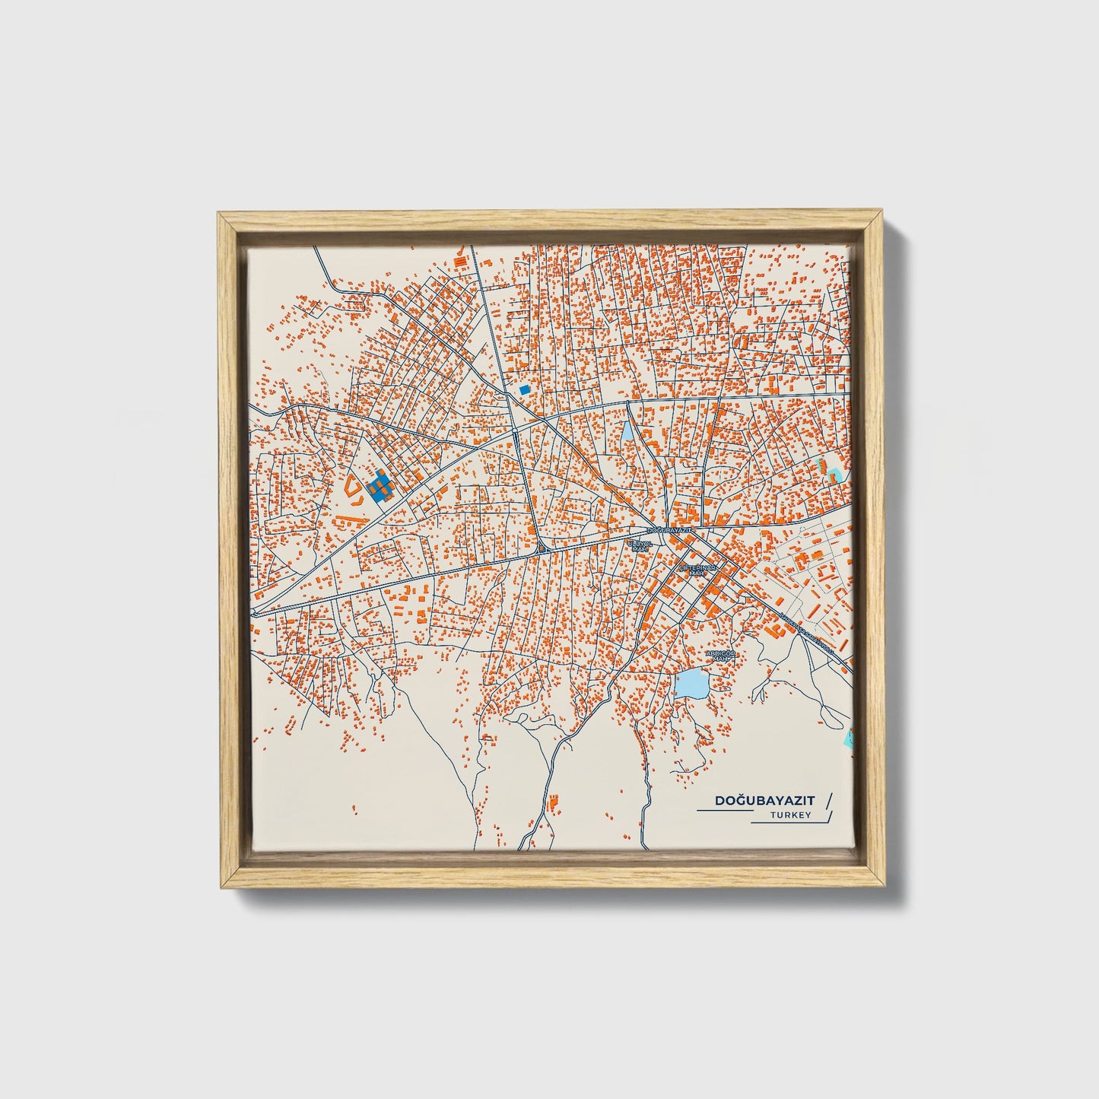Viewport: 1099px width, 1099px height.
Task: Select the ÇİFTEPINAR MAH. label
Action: tap(698, 570)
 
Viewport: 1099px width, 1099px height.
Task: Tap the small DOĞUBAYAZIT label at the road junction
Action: tap(669, 529)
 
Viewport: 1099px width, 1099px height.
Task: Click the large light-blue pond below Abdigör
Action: tap(691, 684)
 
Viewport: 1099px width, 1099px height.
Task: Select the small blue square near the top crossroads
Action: tap(524, 389)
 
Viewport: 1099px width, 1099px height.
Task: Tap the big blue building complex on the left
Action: tap(378, 486)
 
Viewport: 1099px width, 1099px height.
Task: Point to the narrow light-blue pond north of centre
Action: tap(627, 433)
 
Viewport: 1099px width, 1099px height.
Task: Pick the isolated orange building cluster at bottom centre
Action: tap(552, 801)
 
